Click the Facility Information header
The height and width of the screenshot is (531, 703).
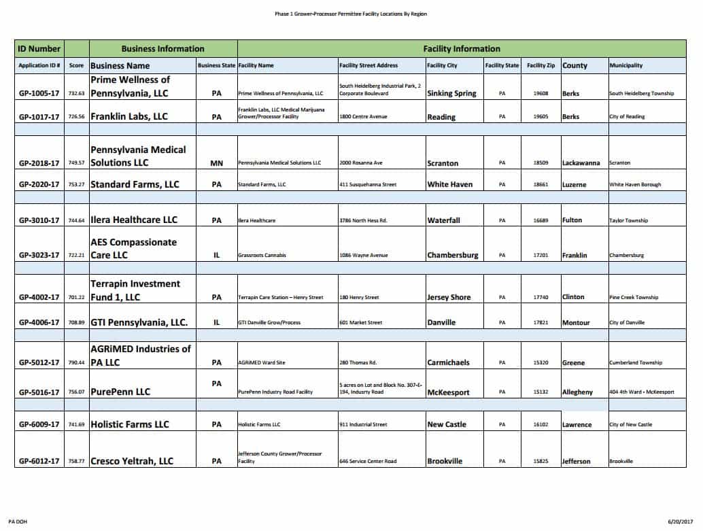461,49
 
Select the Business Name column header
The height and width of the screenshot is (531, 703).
120,66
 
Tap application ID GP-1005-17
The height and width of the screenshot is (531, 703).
39,93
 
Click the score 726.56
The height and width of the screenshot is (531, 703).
77,117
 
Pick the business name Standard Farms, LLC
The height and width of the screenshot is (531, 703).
135,184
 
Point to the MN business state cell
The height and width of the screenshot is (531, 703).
217,163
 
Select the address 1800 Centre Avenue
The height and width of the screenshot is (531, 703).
363,117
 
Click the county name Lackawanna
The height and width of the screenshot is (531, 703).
583,163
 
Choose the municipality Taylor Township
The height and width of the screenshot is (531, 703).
628,220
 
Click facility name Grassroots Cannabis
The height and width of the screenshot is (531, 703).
262,256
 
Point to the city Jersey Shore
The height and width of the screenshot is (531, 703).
449,297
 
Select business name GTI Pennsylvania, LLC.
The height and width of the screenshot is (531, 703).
139,322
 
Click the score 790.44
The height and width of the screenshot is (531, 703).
77,362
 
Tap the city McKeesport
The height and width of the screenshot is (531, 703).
448,392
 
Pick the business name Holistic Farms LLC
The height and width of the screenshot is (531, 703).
129,424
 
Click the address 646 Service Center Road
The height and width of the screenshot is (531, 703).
367,461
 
